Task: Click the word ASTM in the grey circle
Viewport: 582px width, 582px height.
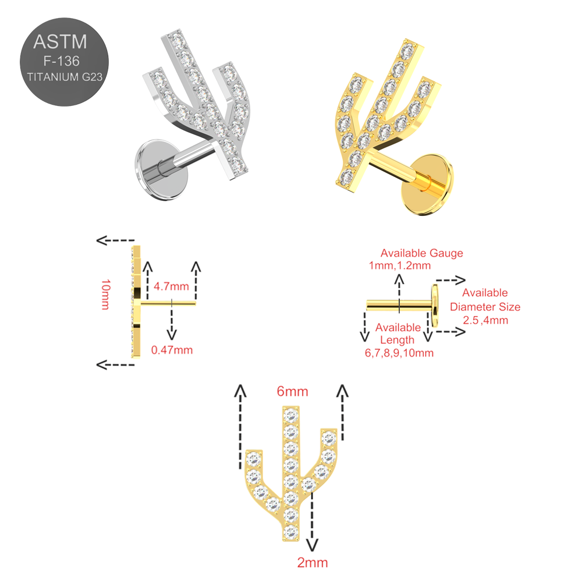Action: coord(60,41)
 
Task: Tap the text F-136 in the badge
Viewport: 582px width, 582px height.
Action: coord(61,61)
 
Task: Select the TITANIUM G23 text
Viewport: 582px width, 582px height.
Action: coord(65,77)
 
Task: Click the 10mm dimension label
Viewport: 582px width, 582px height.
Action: coord(105,294)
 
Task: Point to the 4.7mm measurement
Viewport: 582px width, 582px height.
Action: coord(171,286)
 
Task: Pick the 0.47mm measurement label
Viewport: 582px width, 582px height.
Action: coord(172,350)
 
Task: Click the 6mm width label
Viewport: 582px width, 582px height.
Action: coord(293,391)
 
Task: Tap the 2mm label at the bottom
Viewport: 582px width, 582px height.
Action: coord(313,563)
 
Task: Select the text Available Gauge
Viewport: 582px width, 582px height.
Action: coord(421,253)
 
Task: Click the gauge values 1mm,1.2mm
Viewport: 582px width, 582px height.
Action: coord(400,266)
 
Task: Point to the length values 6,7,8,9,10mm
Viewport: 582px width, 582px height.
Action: coord(399,353)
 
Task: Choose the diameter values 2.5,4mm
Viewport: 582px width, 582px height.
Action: coord(485,320)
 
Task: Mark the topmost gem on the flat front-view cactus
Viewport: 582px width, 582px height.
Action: coord(290,414)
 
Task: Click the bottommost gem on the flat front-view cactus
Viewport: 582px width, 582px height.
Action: coord(290,533)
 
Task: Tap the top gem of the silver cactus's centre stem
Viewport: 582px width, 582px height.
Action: coord(178,40)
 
